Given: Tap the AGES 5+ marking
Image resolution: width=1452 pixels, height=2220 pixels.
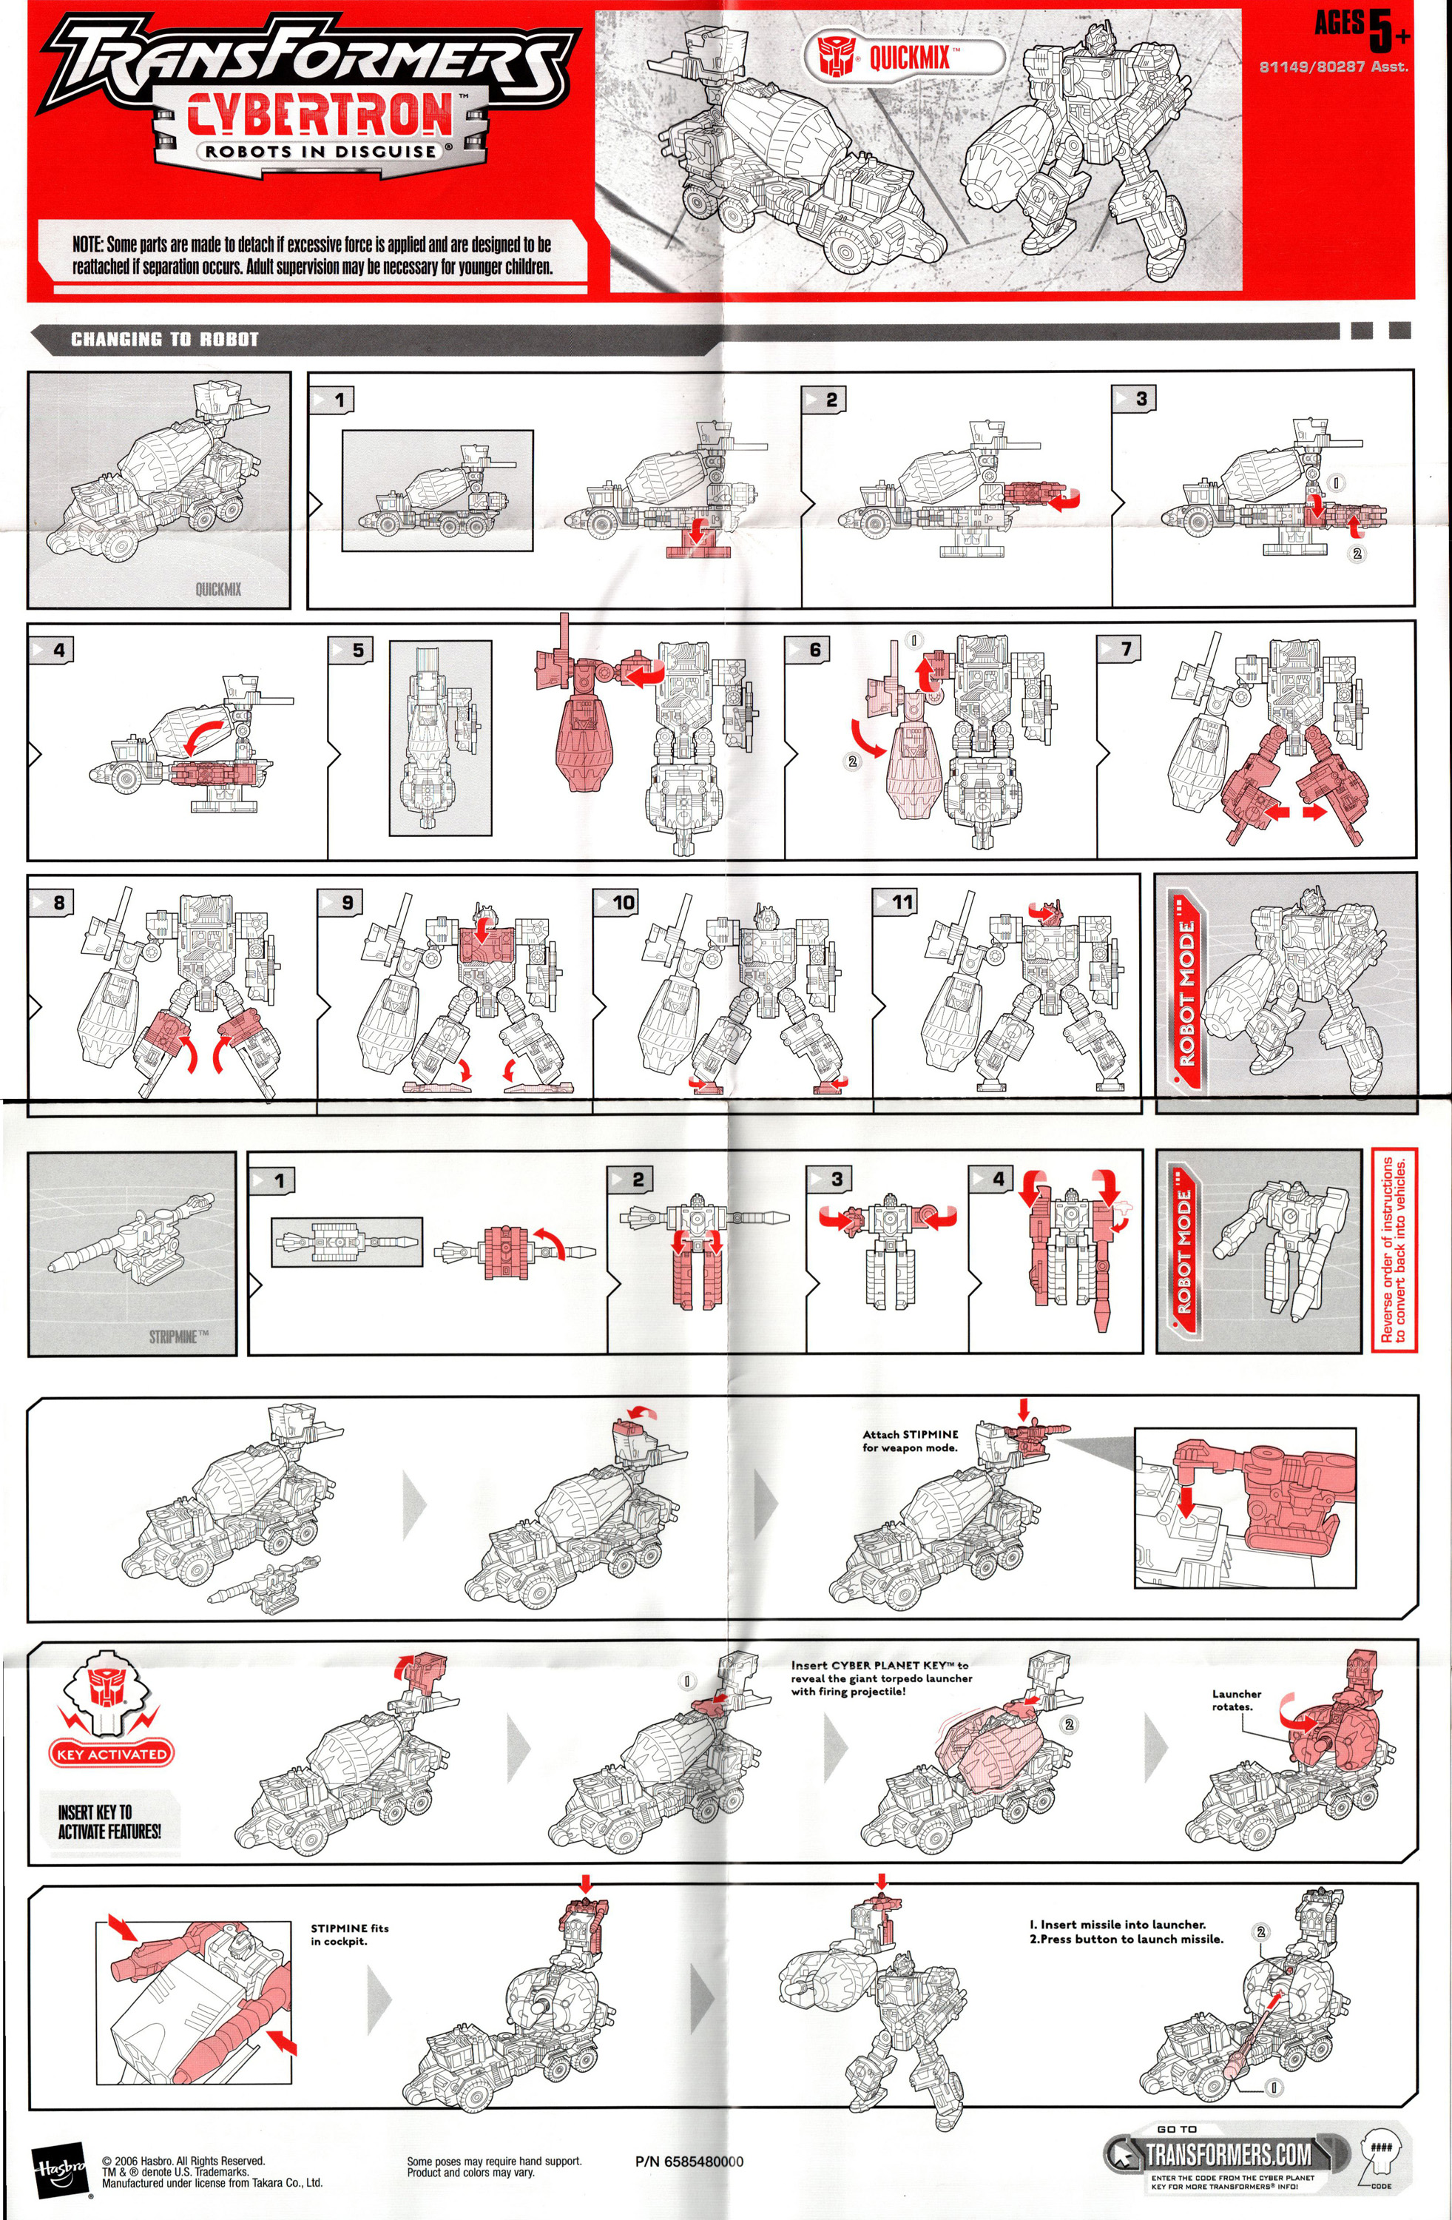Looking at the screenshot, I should point(1362,28).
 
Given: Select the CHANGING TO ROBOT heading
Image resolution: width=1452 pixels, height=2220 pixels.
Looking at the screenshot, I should point(164,340).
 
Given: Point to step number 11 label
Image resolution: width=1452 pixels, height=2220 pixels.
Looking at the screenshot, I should point(901,901).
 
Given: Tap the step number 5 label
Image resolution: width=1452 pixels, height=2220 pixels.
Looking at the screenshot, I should point(357,649).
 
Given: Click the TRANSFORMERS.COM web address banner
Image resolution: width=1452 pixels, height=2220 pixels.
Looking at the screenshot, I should point(1226,2154).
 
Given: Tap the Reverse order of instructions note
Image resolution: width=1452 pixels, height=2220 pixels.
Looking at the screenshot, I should point(1394,1249).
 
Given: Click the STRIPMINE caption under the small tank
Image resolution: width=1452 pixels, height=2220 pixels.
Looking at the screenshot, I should point(178,1336).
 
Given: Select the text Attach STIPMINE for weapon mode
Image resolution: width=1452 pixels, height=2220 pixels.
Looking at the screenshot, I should point(909,1440).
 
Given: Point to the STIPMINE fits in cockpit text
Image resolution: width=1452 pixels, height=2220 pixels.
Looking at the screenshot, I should point(349,1934).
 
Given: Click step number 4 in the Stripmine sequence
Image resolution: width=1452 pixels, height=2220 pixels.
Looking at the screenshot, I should point(997,1178).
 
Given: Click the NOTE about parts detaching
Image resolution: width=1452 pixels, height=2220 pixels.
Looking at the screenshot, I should point(311,255).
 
